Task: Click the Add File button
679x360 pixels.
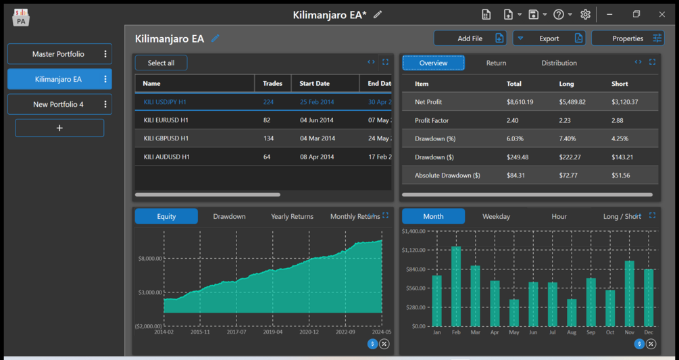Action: click(470, 38)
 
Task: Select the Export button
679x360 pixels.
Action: click(549, 38)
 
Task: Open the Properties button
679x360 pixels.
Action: click(628, 38)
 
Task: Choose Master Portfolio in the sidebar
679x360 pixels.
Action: click(59, 54)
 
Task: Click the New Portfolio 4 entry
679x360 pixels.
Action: click(59, 105)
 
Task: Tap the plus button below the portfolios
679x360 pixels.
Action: click(59, 128)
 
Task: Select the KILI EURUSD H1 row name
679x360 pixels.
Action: click(166, 120)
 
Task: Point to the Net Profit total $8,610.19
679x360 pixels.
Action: click(520, 102)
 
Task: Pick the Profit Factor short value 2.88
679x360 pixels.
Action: click(618, 120)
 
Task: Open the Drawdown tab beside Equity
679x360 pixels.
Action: click(229, 216)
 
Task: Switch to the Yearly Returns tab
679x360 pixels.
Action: click(292, 216)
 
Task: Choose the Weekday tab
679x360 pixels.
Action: click(496, 216)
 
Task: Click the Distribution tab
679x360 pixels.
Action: click(559, 63)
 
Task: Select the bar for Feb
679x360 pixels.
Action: click(456, 286)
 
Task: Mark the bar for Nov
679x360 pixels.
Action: click(630, 293)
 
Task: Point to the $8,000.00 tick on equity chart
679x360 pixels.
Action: click(150, 258)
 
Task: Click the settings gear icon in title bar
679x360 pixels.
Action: click(585, 14)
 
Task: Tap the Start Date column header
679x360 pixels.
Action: click(314, 84)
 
